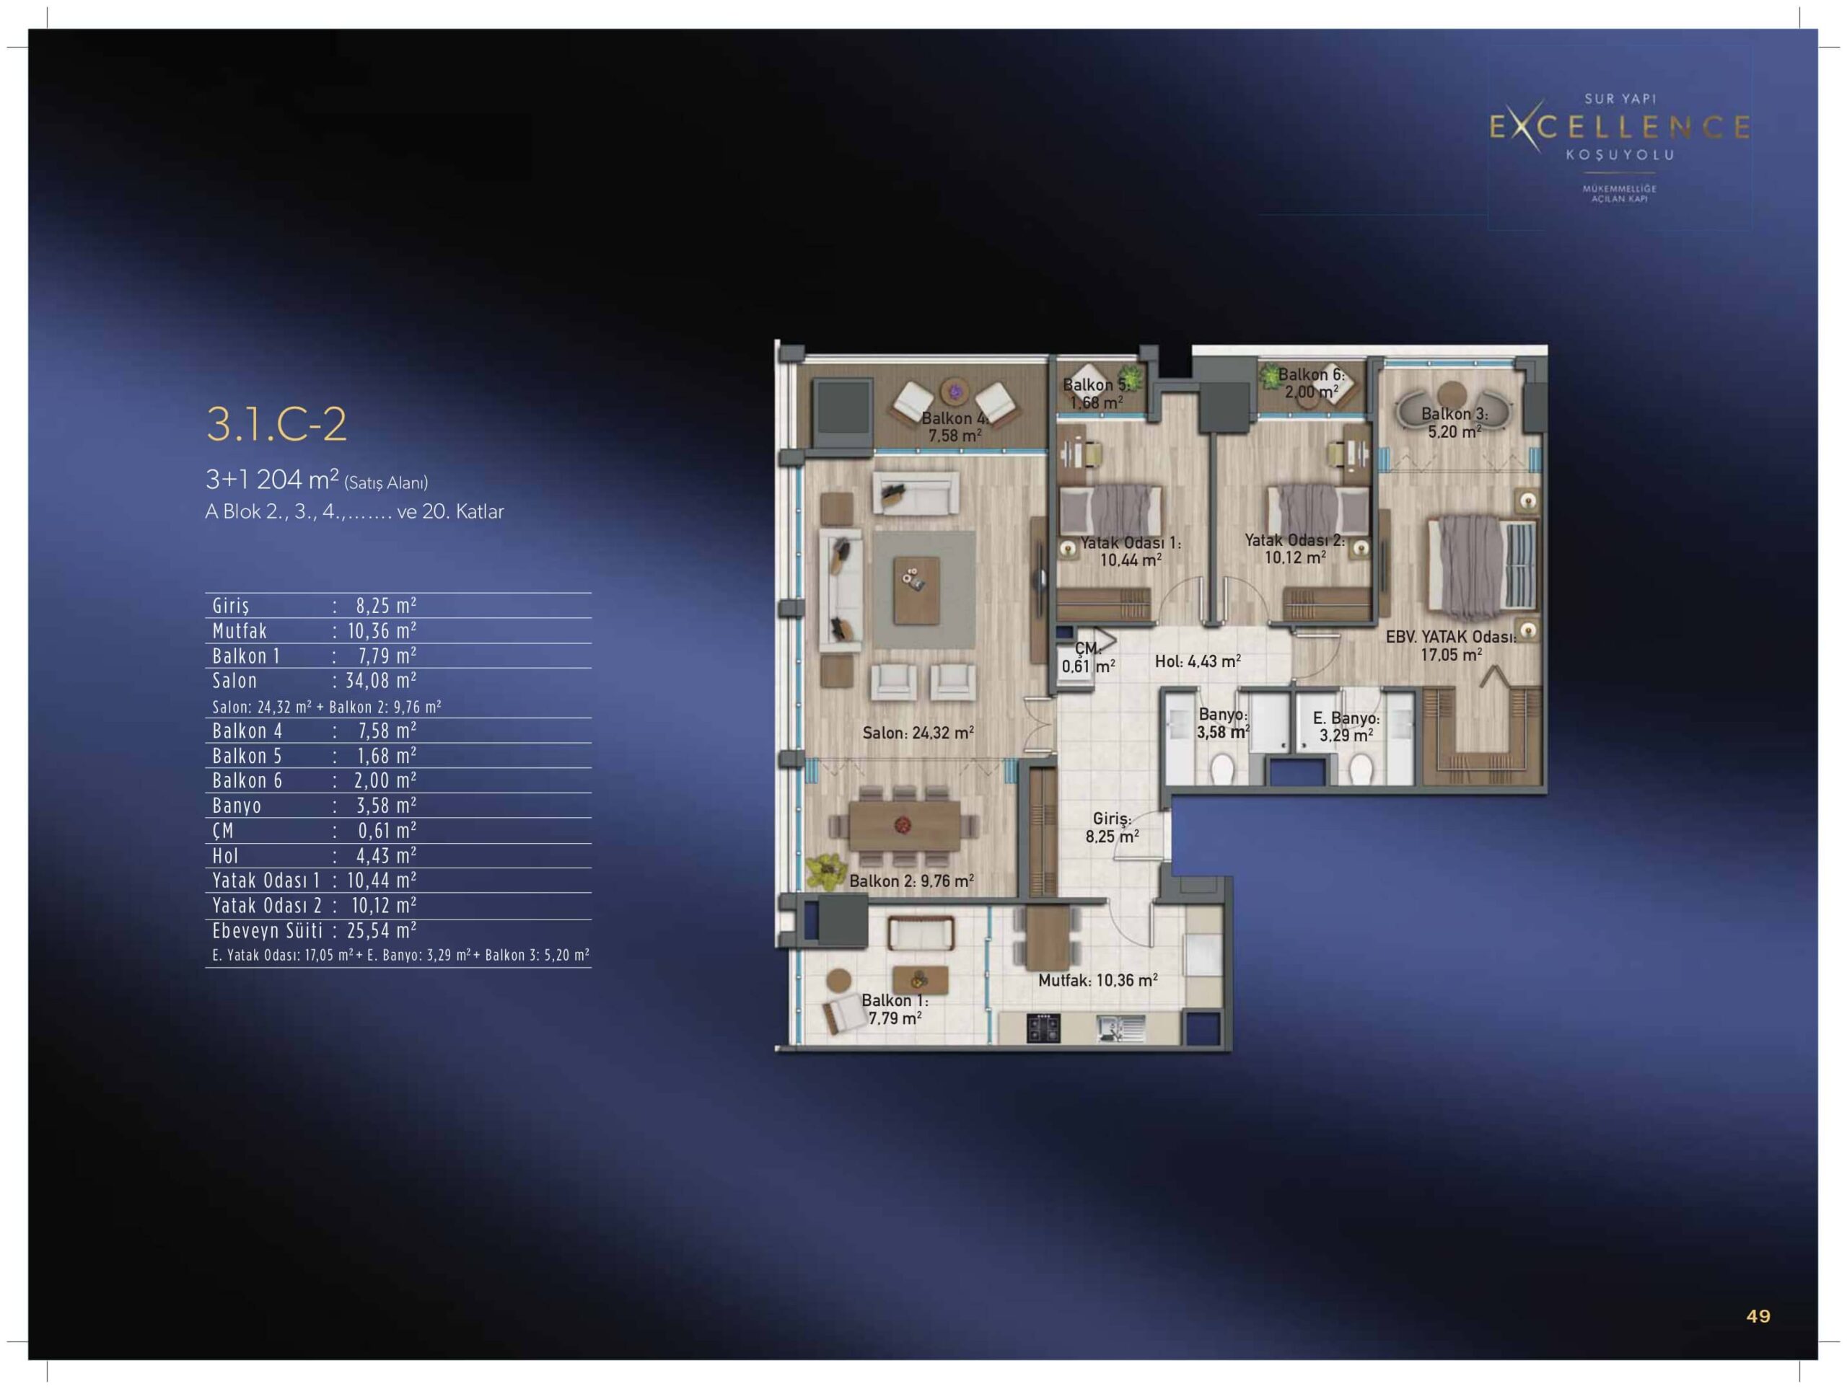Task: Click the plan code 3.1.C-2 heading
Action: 276,424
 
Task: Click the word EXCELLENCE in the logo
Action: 1620,127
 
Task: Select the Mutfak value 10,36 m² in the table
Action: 382,630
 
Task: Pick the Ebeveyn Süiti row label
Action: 267,931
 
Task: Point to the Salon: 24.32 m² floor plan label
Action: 918,733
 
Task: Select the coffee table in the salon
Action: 916,590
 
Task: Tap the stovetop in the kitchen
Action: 1043,1028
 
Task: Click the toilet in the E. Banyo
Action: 1360,769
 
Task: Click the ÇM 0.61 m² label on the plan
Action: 1087,657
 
